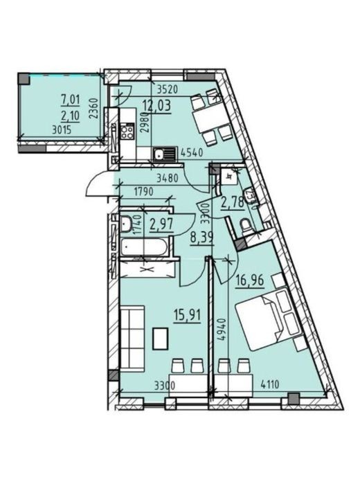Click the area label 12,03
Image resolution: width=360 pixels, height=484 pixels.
coord(156,107)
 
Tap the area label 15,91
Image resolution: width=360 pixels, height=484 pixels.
coord(187,316)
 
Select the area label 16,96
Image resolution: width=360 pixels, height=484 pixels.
coord(250,281)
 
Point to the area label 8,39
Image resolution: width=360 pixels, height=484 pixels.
coord(202,238)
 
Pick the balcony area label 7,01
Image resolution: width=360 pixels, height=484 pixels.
coord(71,100)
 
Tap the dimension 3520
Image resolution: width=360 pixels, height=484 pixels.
coord(168,90)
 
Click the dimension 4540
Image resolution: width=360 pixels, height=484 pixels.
coord(192,153)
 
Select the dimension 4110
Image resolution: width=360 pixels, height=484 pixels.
coord(270,384)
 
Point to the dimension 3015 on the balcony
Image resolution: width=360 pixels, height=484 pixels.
coord(62,130)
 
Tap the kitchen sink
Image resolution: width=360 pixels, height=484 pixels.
coord(164,154)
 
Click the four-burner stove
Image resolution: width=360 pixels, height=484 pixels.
coord(127,131)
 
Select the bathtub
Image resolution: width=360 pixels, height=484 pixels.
coord(143,247)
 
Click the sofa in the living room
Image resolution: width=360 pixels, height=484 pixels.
coord(132,337)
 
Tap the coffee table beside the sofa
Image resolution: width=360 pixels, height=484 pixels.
coord(160,339)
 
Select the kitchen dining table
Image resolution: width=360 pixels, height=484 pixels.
coord(210,117)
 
